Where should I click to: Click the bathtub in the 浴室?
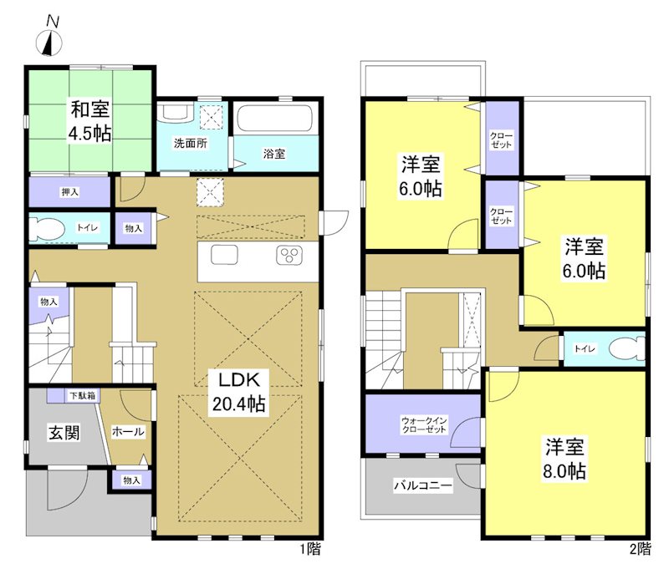point(273,118)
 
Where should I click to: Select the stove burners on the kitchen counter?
point(289,256)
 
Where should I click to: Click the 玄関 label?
point(62,432)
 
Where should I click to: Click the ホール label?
point(128,432)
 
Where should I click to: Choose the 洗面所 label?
point(191,142)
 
